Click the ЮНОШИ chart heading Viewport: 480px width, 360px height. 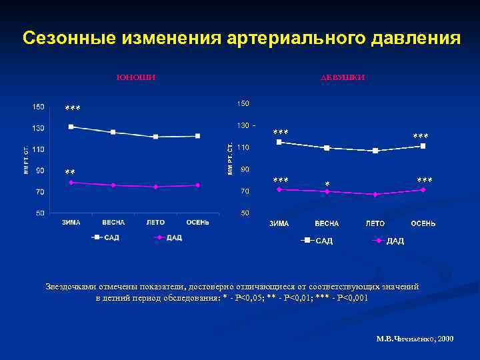136,77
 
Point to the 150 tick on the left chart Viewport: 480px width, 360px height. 38,107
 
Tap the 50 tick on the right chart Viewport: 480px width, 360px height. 244,213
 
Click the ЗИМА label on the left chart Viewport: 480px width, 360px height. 71,222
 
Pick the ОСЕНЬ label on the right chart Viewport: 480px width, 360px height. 423,223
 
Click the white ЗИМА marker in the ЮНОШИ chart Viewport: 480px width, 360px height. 71,127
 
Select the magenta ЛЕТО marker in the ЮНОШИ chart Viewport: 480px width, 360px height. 155,187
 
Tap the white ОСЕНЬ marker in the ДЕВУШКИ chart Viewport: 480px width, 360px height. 423,145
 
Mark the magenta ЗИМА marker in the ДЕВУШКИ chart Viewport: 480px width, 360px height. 279,189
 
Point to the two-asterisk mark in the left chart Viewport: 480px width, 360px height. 70,173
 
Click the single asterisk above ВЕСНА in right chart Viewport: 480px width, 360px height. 327,184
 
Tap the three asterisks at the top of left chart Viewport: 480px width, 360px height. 73,109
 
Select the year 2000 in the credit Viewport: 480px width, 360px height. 446,339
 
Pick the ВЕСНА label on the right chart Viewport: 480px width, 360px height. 327,223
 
